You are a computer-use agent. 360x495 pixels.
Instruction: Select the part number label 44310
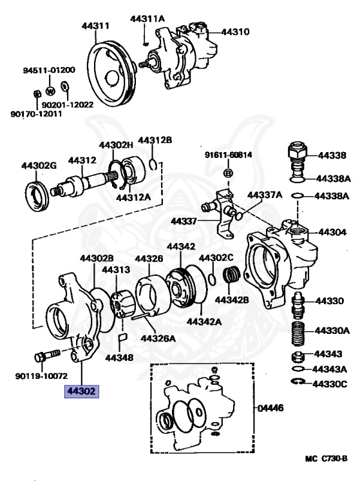tap(236, 31)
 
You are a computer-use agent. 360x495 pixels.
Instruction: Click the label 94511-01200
tap(49, 70)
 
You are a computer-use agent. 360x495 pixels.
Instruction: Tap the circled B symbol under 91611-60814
tap(227, 173)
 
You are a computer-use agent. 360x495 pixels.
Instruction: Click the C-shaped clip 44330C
tap(298, 383)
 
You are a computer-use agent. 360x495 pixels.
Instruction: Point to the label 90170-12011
tap(36, 114)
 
